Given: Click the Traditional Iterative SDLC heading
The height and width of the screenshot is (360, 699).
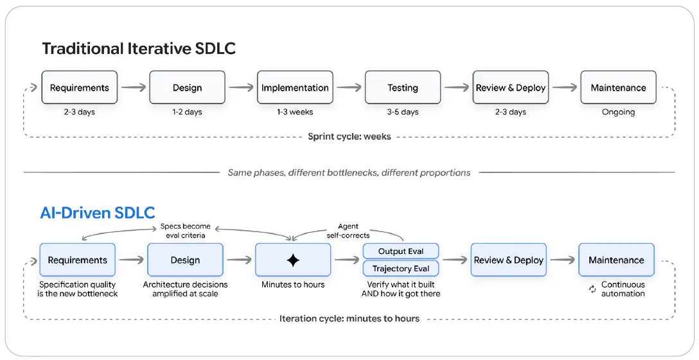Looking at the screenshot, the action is pos(139,48).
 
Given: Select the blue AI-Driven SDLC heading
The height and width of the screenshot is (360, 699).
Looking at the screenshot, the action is pos(98,213).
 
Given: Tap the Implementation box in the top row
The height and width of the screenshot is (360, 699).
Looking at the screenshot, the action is pos(295,87).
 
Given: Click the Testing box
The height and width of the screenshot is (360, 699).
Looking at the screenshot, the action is pos(403,87).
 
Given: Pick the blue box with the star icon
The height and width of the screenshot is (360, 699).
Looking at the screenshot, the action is pos(293,260).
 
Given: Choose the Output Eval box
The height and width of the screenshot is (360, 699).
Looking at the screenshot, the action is pos(401,251).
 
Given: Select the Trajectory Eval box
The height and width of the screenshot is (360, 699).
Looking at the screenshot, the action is pos(401,269).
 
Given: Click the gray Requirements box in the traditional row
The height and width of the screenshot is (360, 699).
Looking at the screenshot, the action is pos(80,87).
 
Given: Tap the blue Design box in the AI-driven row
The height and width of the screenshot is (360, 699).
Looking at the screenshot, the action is pos(185,260).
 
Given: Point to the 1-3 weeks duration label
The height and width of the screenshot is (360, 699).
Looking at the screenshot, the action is pos(295,112).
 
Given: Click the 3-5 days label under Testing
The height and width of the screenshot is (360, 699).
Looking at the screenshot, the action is pos(403,112).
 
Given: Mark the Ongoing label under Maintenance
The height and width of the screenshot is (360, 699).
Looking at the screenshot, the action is pos(618,112).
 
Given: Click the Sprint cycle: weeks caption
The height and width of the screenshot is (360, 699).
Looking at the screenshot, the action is pos(349,136).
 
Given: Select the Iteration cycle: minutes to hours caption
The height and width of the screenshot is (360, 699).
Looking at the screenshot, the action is pos(349,318).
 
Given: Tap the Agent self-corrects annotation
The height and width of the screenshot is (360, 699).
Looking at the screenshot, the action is pos(348,231).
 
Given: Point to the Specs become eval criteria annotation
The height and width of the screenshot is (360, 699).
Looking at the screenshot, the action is pos(186,231).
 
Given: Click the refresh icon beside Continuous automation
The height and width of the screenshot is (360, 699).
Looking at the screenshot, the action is pos(592,289).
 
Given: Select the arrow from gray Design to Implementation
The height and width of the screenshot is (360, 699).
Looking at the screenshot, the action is pos(241,87).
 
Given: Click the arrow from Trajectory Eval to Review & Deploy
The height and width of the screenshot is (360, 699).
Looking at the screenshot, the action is pos(455,260).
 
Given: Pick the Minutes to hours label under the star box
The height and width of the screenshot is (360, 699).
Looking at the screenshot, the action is pos(293,285).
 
